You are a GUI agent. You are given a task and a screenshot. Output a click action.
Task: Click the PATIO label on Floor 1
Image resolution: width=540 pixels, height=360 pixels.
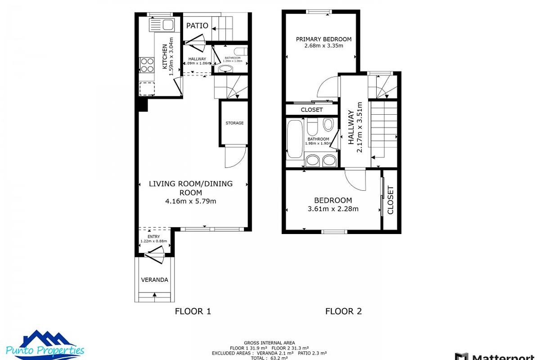(197, 26)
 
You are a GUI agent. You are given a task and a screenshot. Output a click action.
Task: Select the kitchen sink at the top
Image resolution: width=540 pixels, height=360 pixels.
(162, 25)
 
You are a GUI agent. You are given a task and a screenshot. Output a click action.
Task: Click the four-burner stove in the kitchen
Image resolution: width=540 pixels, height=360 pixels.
(147, 65)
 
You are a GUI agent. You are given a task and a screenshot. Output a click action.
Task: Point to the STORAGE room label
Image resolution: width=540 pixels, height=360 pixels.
(234, 123)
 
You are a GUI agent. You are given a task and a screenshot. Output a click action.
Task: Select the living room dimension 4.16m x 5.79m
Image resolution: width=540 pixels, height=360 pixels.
(191, 201)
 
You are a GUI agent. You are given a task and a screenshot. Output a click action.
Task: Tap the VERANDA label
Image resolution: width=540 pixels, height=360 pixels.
(154, 279)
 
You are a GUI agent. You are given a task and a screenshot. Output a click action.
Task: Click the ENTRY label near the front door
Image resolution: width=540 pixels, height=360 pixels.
(153, 236)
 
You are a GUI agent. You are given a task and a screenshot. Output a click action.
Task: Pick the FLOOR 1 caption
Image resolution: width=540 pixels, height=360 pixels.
(193, 311)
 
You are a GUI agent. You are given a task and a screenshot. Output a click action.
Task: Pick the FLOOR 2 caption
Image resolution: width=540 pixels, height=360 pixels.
(343, 311)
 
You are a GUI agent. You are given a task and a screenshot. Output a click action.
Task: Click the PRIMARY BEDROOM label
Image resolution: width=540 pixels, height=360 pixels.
(324, 39)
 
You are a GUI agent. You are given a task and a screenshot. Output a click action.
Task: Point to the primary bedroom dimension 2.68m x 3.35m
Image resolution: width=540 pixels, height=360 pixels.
(324, 45)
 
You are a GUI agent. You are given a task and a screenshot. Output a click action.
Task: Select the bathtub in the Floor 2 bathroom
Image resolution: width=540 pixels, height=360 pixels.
(295, 139)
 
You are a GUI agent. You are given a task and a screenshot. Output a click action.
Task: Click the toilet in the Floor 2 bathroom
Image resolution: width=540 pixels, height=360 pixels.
(328, 124)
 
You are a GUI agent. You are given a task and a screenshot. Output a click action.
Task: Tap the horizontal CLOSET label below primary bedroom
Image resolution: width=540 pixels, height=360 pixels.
(311, 110)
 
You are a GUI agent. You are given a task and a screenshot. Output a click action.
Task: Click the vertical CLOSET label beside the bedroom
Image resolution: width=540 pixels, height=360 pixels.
(390, 200)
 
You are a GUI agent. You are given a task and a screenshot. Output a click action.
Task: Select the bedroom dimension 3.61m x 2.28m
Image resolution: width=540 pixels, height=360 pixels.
(333, 209)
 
